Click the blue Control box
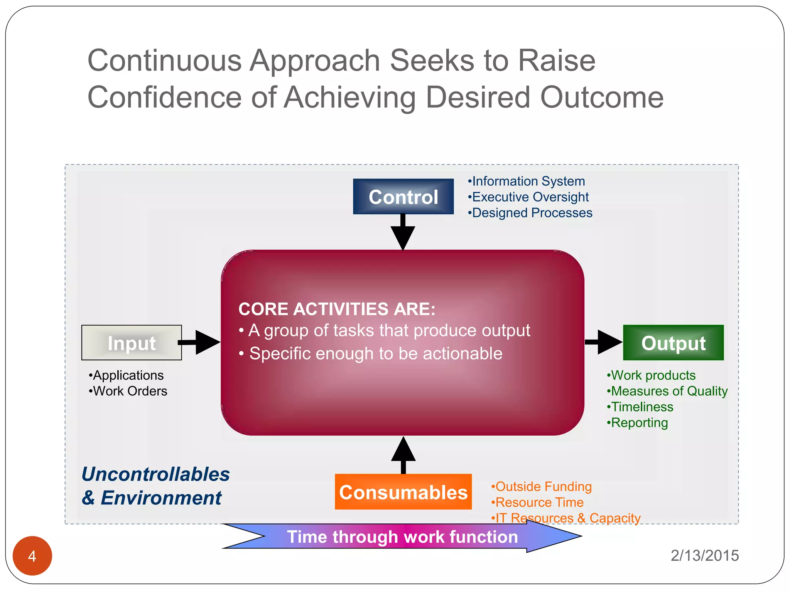click(x=403, y=197)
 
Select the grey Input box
click(x=132, y=343)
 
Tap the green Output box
click(x=673, y=343)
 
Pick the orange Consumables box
click(x=403, y=492)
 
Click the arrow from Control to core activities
click(x=403, y=233)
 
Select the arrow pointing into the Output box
click(x=604, y=342)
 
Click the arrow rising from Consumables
click(x=403, y=455)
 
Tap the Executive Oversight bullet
click(x=528, y=197)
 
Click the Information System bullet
click(x=527, y=181)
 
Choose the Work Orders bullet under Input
click(x=128, y=391)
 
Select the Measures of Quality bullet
click(x=667, y=391)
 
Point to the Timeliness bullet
click(x=640, y=407)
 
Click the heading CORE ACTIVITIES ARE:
click(x=337, y=309)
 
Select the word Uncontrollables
click(x=155, y=474)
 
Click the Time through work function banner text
click(x=402, y=537)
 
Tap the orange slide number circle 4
click(x=32, y=556)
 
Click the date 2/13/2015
click(x=704, y=556)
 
